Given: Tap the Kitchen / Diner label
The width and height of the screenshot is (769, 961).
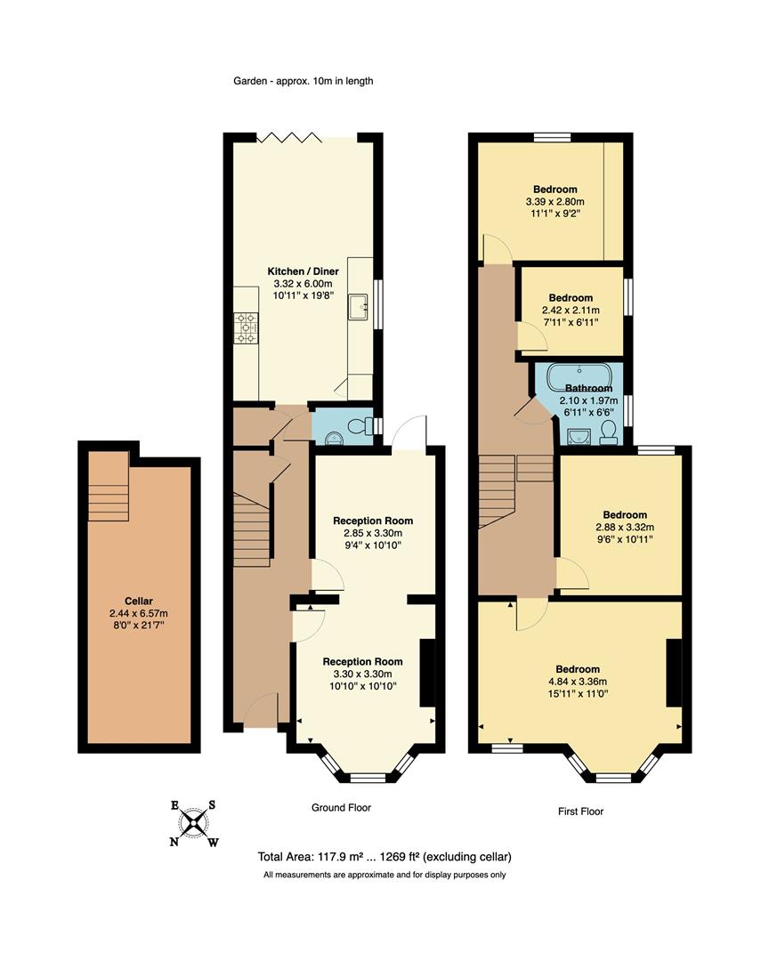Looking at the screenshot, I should click(x=303, y=271).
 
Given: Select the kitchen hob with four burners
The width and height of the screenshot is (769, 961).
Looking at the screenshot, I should click(x=247, y=327).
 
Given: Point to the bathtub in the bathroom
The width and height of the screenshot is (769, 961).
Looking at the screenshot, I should click(x=579, y=377).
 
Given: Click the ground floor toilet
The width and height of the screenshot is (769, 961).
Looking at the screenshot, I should click(x=360, y=425).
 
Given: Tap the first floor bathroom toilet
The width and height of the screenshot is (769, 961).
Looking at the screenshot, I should click(x=610, y=432).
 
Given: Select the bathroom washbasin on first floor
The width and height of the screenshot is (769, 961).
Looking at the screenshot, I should click(x=578, y=434).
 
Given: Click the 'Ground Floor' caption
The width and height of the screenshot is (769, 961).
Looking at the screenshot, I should click(x=340, y=808).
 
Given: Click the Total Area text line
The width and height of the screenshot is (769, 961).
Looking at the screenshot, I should click(x=384, y=857).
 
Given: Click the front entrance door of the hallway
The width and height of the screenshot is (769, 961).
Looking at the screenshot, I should click(x=260, y=712).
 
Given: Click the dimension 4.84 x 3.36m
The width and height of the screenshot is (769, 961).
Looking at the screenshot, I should click(x=578, y=682).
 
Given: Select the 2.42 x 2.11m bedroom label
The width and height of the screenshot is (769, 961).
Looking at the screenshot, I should click(x=571, y=297).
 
